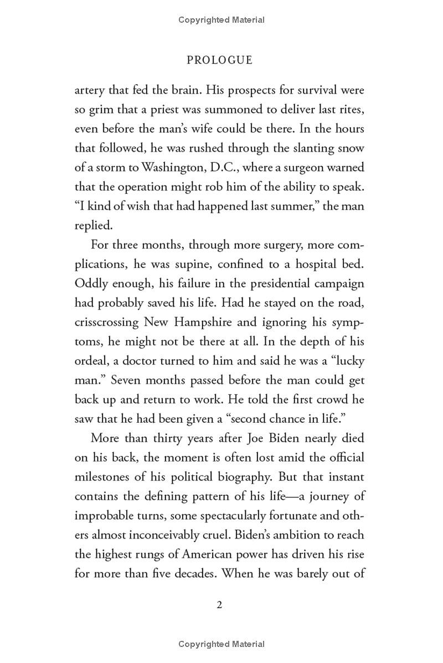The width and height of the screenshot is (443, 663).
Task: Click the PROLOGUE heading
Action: (219, 60)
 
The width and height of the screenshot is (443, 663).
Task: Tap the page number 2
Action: (219, 605)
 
